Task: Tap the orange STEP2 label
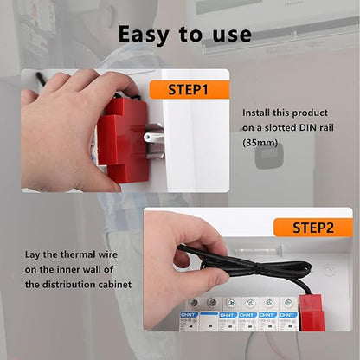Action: tap(312, 228)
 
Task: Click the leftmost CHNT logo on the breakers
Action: tap(188, 315)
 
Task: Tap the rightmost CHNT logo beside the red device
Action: tap(289, 315)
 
